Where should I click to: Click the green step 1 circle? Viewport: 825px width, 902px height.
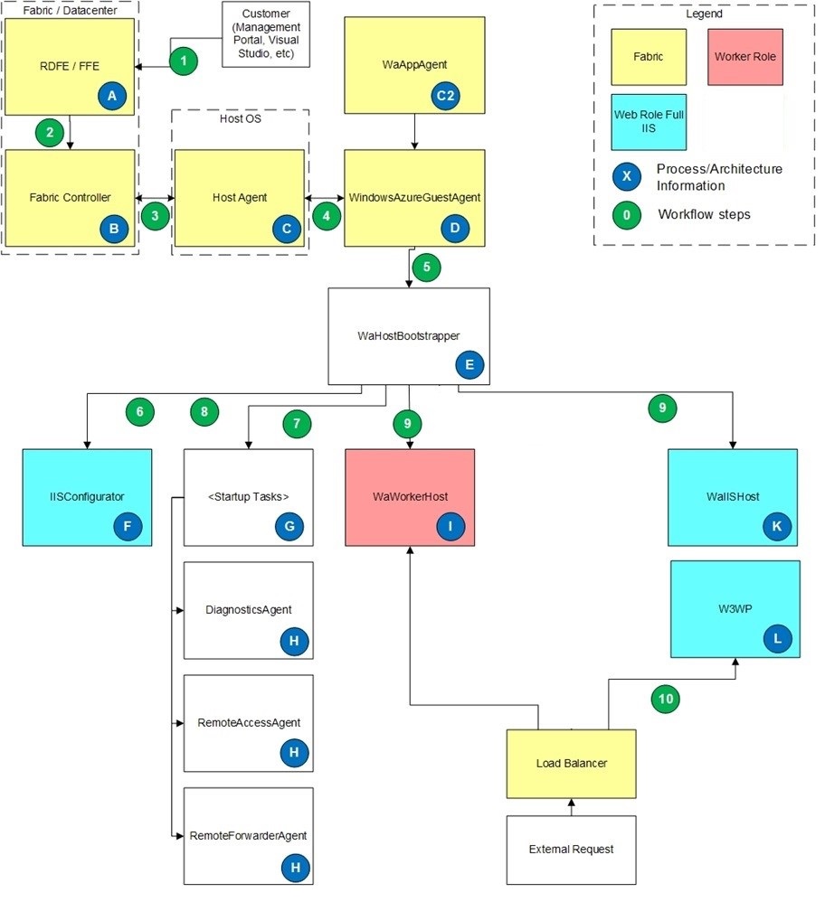click(x=184, y=61)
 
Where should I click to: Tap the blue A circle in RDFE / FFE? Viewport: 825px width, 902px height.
click(x=112, y=94)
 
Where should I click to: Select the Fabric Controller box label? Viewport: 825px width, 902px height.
click(x=70, y=196)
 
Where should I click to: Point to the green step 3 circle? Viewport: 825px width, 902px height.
click(x=155, y=216)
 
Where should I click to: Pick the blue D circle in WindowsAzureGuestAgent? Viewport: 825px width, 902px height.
click(x=456, y=229)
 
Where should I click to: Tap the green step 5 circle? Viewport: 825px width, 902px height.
click(x=426, y=268)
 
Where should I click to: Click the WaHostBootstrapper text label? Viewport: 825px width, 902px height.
click(x=409, y=334)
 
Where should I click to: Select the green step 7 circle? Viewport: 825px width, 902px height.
click(x=297, y=422)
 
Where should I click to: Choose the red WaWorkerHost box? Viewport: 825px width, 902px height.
click(x=410, y=497)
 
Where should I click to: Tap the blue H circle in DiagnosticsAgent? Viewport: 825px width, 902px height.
click(x=293, y=640)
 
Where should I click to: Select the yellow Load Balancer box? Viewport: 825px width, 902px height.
click(x=571, y=764)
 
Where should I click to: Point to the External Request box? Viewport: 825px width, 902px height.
click(x=571, y=850)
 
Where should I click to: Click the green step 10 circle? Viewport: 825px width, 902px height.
click(x=666, y=699)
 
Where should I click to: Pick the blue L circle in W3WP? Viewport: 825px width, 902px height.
click(x=777, y=638)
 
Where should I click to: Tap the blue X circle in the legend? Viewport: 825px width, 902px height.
click(x=627, y=174)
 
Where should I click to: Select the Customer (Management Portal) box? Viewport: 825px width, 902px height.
click(x=266, y=34)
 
